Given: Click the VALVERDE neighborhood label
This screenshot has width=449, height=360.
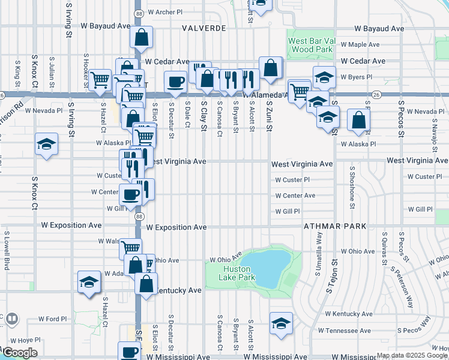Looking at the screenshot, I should (204, 28).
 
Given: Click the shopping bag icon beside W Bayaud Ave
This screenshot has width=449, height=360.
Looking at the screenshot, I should (140, 37).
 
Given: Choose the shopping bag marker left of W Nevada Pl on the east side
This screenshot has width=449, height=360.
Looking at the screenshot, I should (358, 119).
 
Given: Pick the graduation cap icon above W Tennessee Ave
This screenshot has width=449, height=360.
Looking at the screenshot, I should (281, 323).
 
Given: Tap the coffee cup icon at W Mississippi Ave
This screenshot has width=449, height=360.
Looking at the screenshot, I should (129, 351).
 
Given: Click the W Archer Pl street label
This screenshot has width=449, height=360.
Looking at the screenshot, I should (164, 12).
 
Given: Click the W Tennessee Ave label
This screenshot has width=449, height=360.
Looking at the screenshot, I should (344, 331).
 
